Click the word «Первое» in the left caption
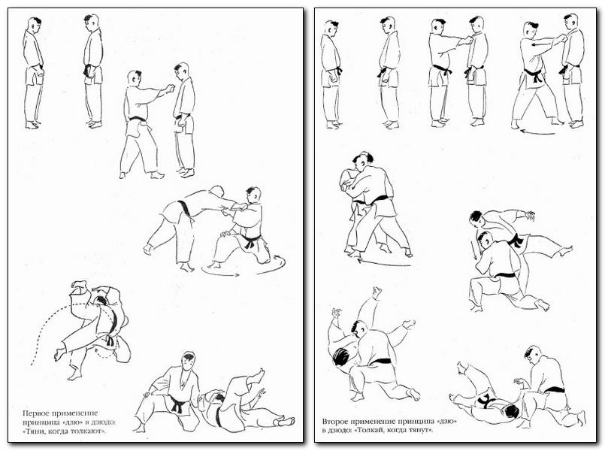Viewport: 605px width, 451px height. click(34, 413)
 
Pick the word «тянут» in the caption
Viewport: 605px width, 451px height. click(420, 430)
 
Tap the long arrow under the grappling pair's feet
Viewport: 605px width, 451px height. click(384, 264)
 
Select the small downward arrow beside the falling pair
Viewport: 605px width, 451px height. click(474, 250)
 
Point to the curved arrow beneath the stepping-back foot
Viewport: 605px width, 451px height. click(537, 132)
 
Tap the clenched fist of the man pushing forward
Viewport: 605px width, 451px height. click(169, 89)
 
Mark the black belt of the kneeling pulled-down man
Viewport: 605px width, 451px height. click(251, 241)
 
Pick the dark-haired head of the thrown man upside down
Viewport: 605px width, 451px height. click(340, 356)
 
